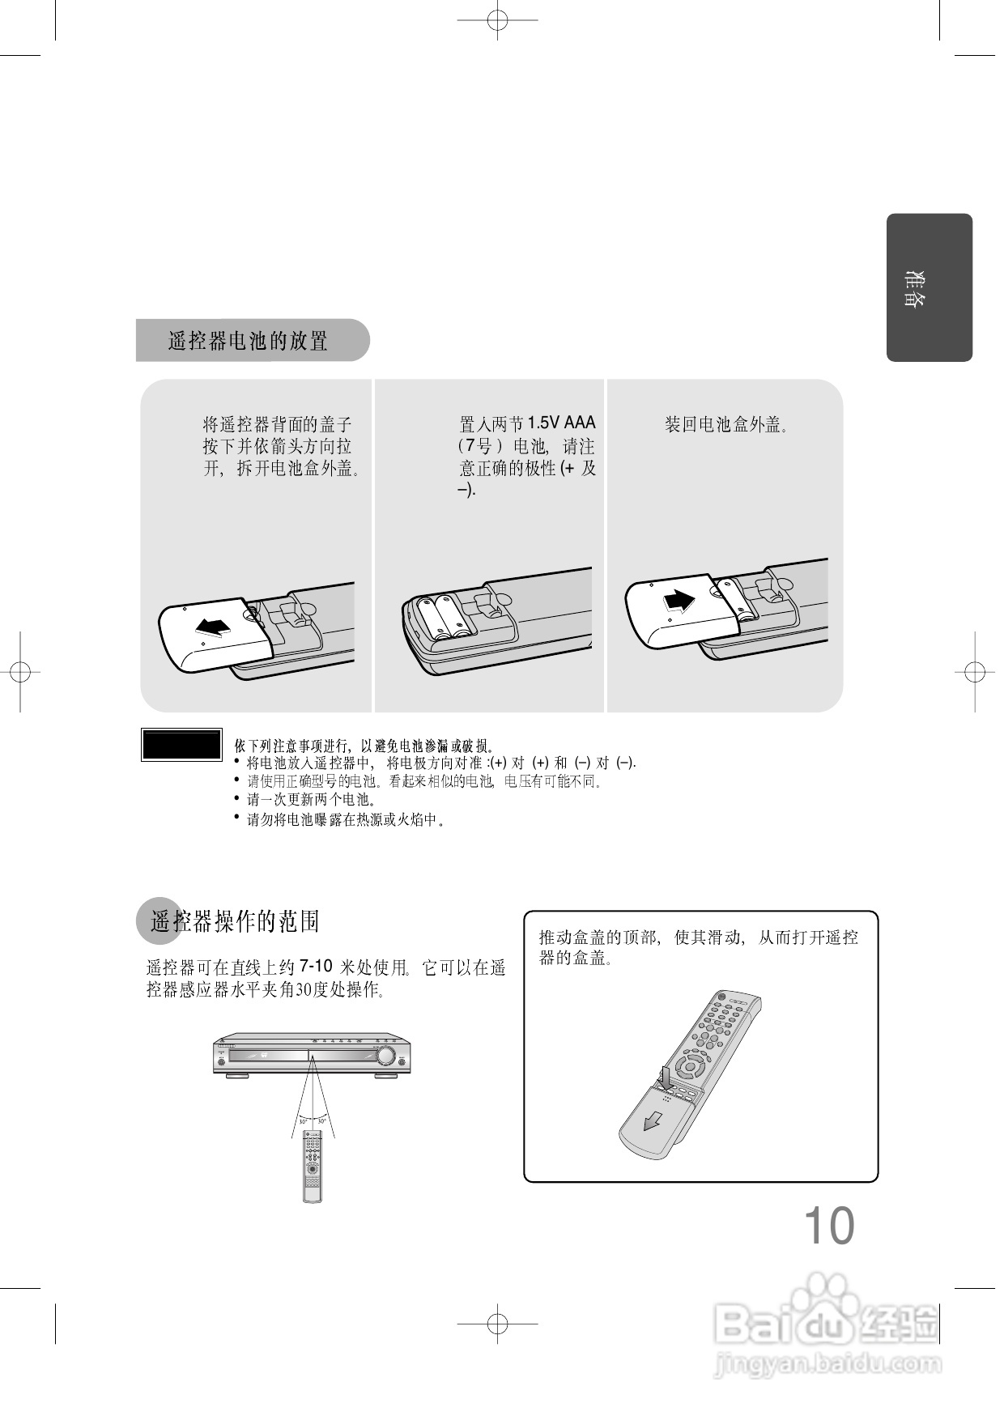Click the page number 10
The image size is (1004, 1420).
click(828, 1226)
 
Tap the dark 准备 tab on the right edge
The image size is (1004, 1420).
click(929, 287)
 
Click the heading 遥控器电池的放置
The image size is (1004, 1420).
click(248, 341)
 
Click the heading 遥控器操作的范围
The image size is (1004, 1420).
click(235, 921)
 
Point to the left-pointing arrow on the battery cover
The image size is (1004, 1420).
click(213, 626)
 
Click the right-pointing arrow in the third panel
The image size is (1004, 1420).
click(679, 602)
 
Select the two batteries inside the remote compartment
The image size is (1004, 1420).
click(444, 618)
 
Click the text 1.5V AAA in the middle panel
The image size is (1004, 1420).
click(561, 423)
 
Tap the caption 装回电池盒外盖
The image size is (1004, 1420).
click(725, 424)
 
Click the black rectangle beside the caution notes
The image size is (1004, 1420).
click(181, 744)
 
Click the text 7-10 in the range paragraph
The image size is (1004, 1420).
click(316, 966)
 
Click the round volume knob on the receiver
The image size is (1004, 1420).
click(386, 1056)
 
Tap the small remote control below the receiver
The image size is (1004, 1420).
click(313, 1166)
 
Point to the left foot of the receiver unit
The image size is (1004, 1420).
click(236, 1076)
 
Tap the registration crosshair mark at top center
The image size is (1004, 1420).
click(497, 19)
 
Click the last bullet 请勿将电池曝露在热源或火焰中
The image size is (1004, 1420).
click(345, 820)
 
